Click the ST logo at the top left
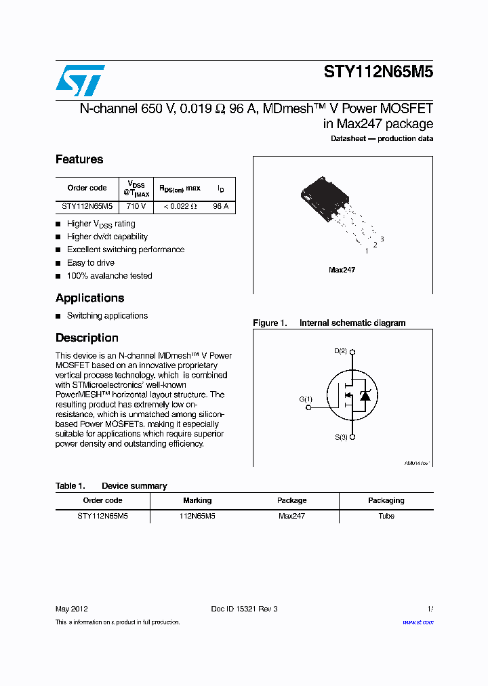click(80, 81)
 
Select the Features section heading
click(79, 159)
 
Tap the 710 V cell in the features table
click(136, 206)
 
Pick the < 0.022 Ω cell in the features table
click(180, 206)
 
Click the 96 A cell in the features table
click(221, 206)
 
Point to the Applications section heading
click(89, 298)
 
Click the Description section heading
click(87, 338)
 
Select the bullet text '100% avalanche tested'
click(109, 276)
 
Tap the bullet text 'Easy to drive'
click(90, 263)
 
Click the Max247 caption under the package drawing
click(342, 270)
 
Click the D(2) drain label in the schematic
click(340, 351)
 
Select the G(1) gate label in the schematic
click(306, 399)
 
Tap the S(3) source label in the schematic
click(340, 437)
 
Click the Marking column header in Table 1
click(197, 500)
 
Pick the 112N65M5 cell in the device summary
click(197, 516)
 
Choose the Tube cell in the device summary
click(386, 516)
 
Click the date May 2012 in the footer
click(71, 609)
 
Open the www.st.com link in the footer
click(418, 622)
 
